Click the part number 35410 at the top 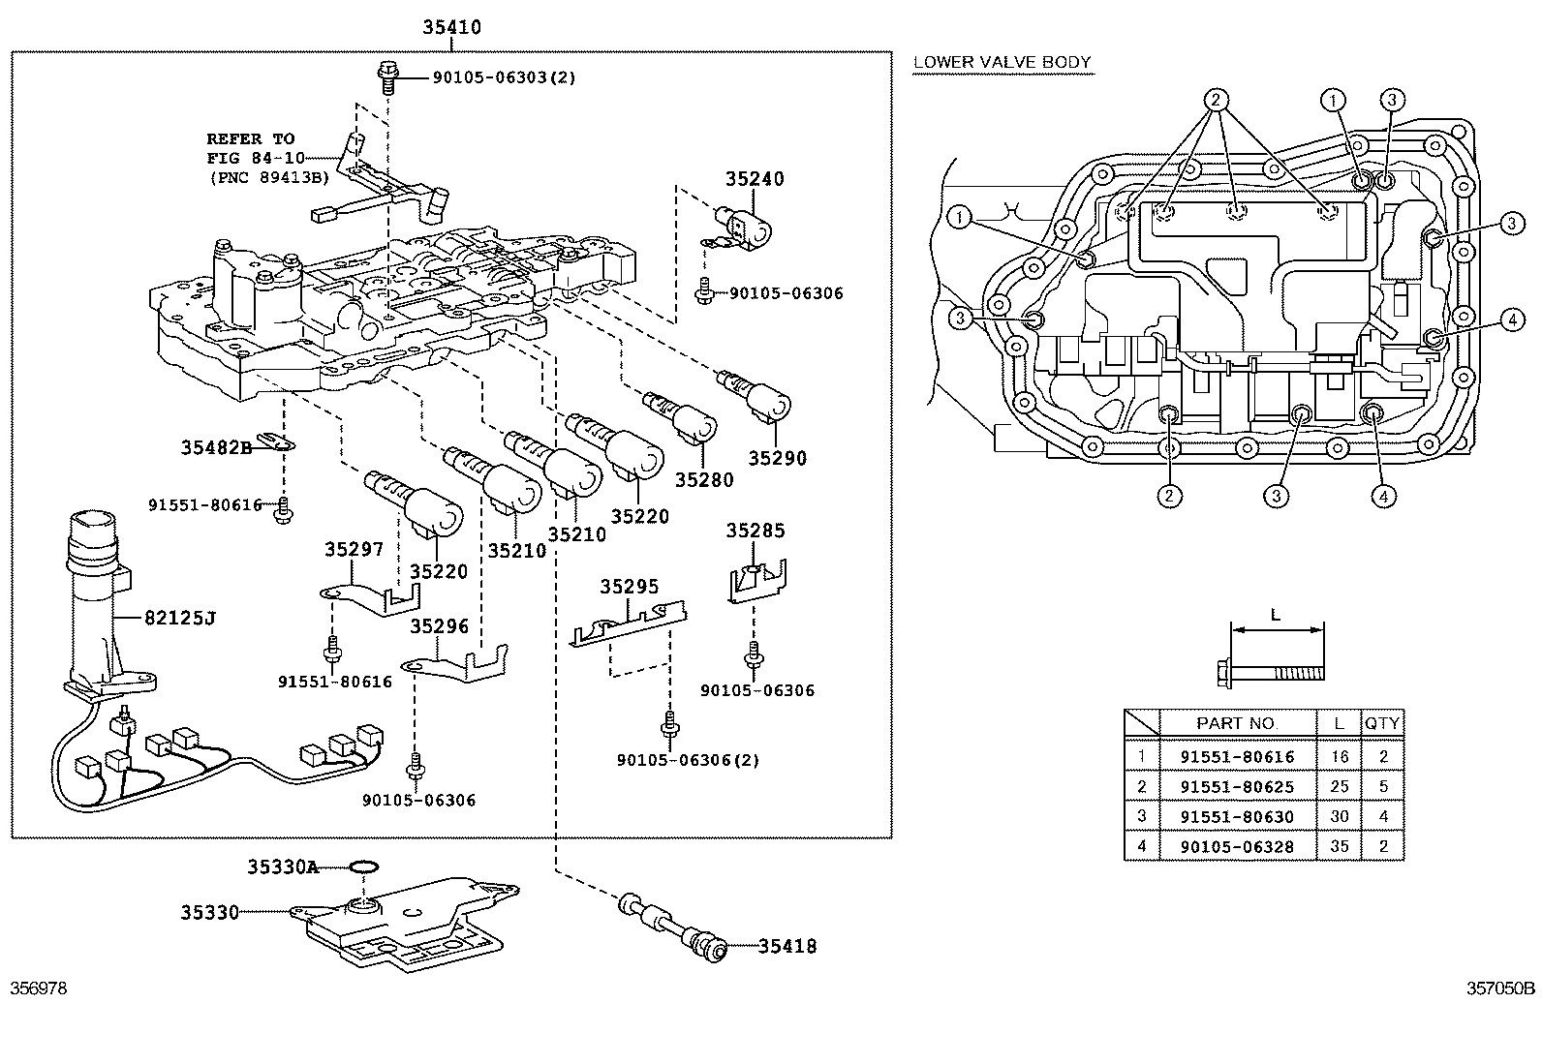[x=451, y=28]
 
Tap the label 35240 [x=755, y=179]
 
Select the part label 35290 [x=777, y=458]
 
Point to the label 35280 [x=704, y=479]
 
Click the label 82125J [x=180, y=617]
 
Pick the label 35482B [x=216, y=447]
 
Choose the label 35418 [x=786, y=946]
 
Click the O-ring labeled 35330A [x=363, y=866]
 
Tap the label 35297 [x=355, y=550]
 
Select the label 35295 [x=629, y=587]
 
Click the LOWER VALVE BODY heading [x=1002, y=63]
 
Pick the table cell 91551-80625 [x=1237, y=786]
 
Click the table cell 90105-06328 [x=1237, y=846]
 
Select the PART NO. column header [x=1237, y=723]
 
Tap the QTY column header [x=1382, y=723]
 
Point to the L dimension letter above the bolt [x=1275, y=615]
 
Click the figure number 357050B [x=1500, y=988]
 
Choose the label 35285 [x=756, y=531]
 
